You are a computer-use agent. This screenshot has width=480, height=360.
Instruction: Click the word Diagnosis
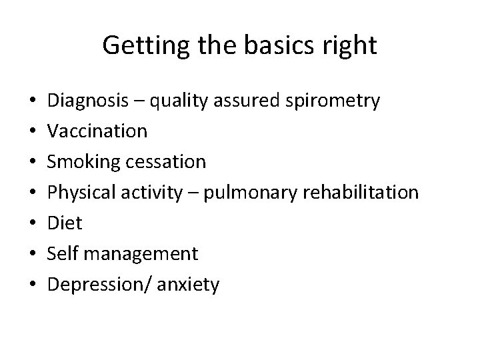(x=89, y=101)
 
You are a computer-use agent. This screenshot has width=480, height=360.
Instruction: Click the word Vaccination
(x=98, y=131)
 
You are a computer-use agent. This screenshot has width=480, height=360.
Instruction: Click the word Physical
(x=83, y=193)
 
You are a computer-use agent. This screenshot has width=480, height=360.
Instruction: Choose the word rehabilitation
(x=361, y=193)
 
